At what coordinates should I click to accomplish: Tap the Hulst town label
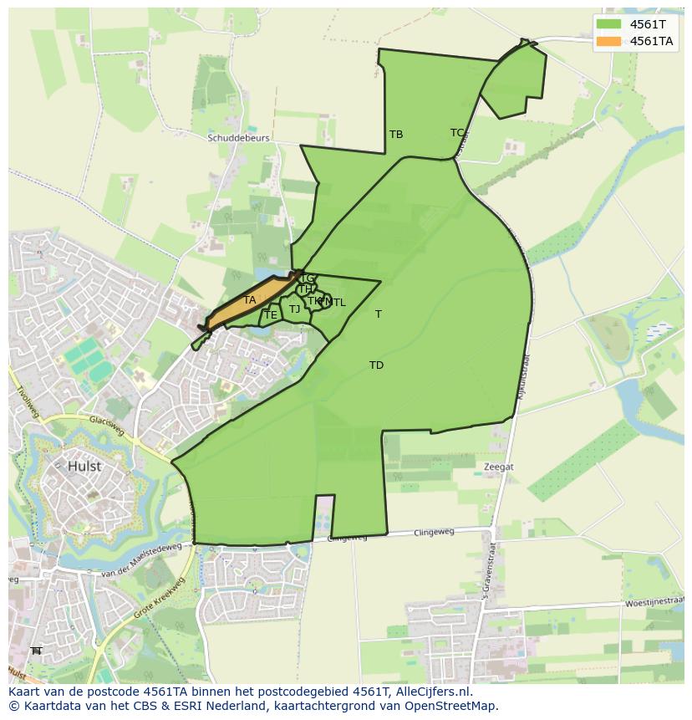tap(84, 467)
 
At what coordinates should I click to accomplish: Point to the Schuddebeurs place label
tap(238, 138)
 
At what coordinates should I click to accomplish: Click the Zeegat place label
tap(499, 467)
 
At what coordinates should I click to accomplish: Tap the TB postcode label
tap(396, 134)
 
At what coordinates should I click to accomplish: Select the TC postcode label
tap(457, 132)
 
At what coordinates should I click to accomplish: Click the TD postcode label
tap(376, 365)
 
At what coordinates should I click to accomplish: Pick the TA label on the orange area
tap(250, 300)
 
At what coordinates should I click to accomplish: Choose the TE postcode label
tap(270, 315)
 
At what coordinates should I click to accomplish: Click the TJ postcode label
tap(294, 309)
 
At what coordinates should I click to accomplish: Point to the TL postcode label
tap(338, 303)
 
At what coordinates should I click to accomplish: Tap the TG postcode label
tap(308, 278)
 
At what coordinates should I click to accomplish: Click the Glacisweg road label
tap(106, 427)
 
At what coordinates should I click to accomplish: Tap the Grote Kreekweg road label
tap(159, 599)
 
